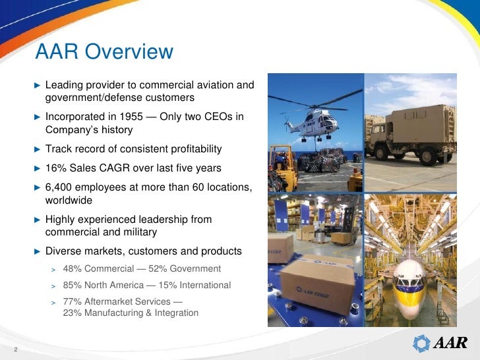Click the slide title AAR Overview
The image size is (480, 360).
point(104,51)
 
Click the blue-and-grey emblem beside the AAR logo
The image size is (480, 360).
point(421,344)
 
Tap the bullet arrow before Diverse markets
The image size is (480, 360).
point(37,251)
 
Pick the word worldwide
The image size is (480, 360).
point(69,200)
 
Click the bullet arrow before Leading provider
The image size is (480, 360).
point(37,85)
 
